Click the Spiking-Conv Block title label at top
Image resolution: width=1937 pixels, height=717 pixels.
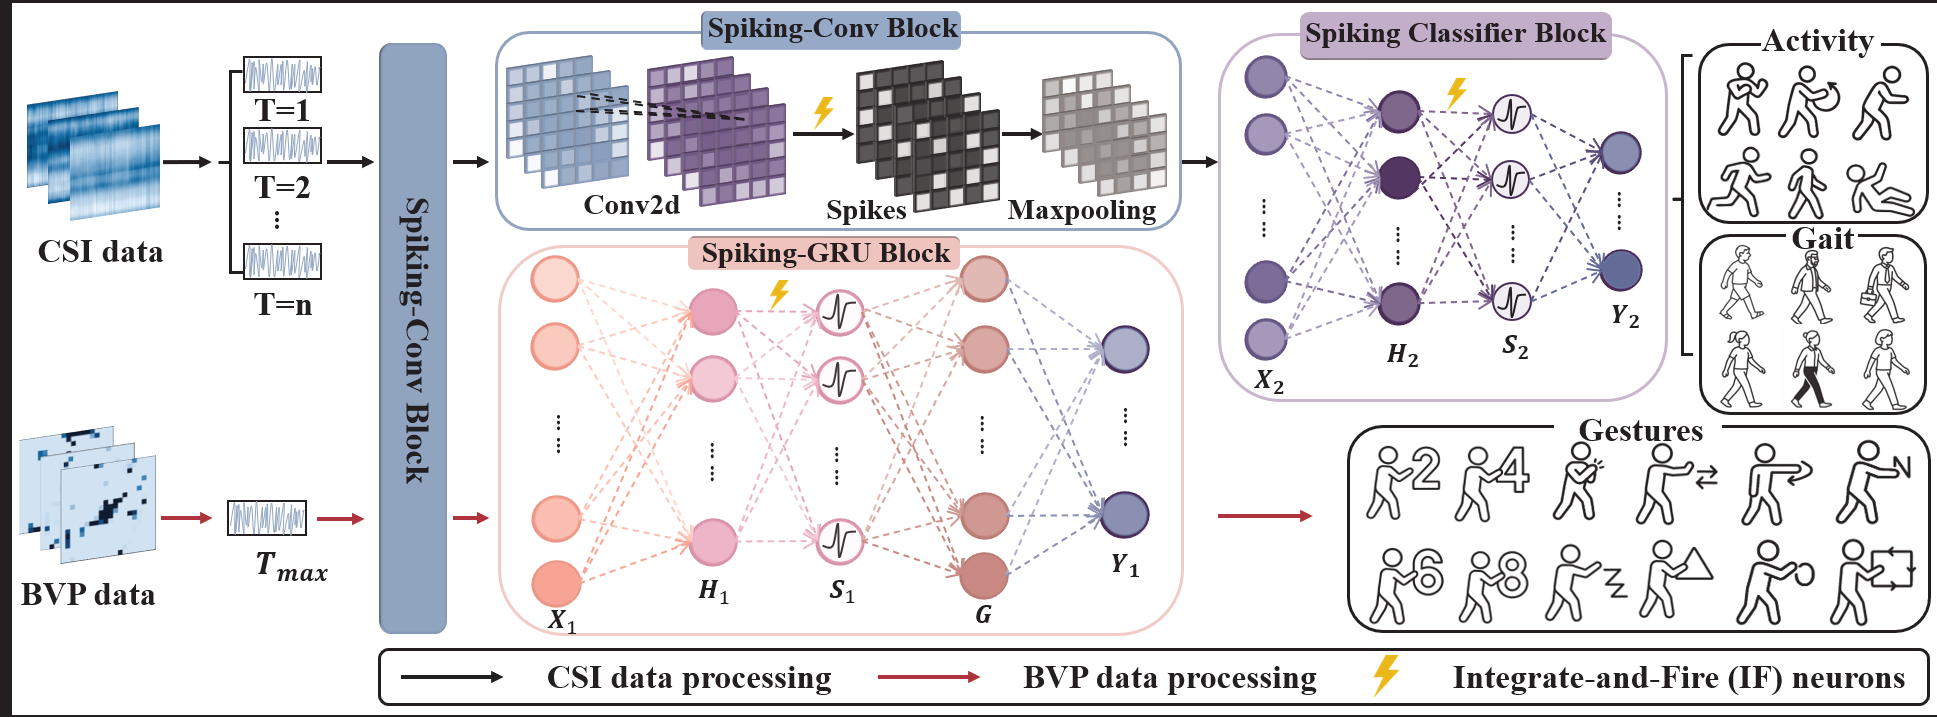point(832,28)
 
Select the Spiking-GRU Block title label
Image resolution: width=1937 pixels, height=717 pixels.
point(825,253)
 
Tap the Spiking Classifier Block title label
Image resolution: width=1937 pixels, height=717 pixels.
point(1455,33)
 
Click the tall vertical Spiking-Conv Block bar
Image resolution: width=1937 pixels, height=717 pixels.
point(413,338)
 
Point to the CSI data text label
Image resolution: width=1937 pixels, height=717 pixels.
point(100,251)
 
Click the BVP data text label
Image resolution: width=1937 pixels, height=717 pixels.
point(88,595)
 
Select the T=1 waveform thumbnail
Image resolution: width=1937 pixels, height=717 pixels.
point(283,75)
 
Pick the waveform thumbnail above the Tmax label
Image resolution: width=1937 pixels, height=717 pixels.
point(267,518)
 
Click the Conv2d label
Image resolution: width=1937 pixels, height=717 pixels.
point(632,205)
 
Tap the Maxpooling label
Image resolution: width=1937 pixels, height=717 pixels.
point(1082,210)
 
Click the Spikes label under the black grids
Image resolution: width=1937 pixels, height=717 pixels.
point(866,210)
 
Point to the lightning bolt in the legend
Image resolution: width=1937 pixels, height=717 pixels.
point(1386,675)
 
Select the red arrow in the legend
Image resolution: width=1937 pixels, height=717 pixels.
point(929,677)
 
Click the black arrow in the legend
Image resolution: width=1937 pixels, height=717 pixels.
point(452,677)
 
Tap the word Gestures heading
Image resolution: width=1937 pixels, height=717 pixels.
point(1640,431)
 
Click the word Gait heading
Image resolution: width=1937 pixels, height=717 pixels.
point(1823,239)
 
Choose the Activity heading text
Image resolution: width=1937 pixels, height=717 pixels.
point(1817,41)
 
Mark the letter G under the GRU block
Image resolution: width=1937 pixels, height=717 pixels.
point(983,614)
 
